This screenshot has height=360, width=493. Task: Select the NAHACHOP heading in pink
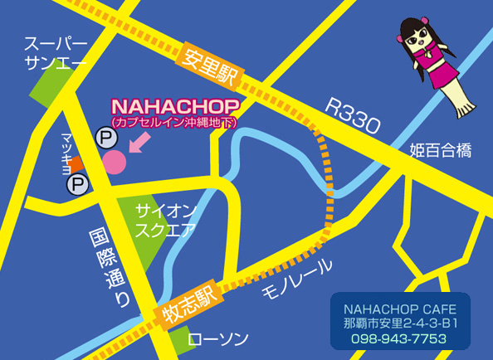click(175, 107)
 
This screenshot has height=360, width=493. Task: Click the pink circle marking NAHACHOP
click(115, 161)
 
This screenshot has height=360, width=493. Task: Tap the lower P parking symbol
click(77, 183)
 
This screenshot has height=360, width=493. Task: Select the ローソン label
click(218, 339)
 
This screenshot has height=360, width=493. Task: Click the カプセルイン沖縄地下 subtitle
click(175, 122)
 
